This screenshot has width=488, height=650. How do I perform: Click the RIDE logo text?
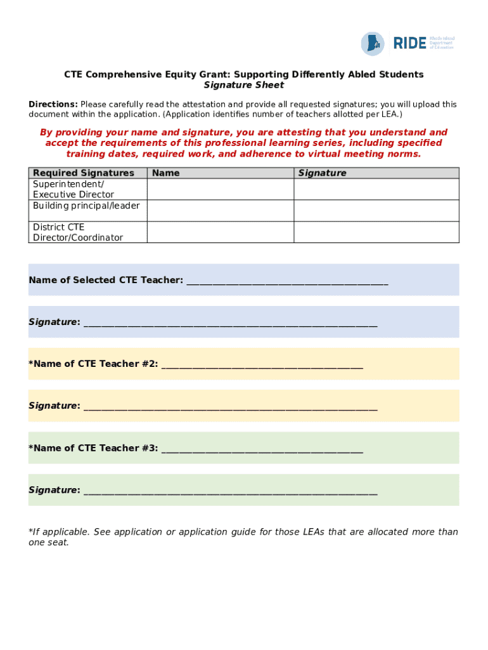(x=409, y=43)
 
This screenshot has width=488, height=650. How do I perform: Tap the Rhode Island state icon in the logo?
(x=373, y=43)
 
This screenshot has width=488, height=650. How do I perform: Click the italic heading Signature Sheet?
(x=244, y=85)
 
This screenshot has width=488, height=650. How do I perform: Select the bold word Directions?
(x=53, y=104)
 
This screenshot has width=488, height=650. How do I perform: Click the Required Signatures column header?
(x=84, y=173)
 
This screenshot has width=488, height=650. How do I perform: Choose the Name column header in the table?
(x=166, y=173)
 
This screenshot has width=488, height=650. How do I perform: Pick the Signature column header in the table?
(x=323, y=173)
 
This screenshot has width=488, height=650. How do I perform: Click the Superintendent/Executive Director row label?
(x=74, y=189)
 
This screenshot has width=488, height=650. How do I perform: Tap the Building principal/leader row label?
(x=86, y=206)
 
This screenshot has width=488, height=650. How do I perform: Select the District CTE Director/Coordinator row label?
(x=78, y=232)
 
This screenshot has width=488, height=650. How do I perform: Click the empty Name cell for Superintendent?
(x=220, y=189)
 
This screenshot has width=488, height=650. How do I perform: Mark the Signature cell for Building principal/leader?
(x=376, y=211)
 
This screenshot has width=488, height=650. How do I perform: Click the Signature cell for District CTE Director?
(x=376, y=232)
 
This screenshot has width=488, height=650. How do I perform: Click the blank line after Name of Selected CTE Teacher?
(x=286, y=281)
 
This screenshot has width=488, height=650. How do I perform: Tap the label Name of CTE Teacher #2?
(x=93, y=364)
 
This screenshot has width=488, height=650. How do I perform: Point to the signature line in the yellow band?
(x=230, y=407)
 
